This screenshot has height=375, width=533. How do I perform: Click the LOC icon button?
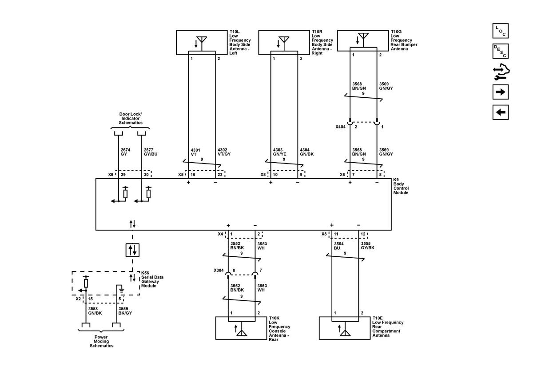pos(500,31)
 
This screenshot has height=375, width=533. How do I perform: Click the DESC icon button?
pos(500,52)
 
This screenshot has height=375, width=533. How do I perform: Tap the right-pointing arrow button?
pos(500,92)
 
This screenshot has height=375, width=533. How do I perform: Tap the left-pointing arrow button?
pos(500,112)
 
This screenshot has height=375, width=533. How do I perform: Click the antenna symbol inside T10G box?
pos(363,38)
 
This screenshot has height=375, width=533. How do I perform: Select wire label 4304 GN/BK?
pos(307,152)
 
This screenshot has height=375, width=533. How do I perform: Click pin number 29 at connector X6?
pos(123,175)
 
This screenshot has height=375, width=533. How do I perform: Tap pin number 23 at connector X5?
pos(219,175)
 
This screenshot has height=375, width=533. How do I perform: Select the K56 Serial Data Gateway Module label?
pos(152,279)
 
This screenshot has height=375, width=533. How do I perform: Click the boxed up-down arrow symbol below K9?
pos(132,250)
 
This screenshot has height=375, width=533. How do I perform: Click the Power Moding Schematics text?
pos(101,341)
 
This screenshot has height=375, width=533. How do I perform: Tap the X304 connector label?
pos(219,270)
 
